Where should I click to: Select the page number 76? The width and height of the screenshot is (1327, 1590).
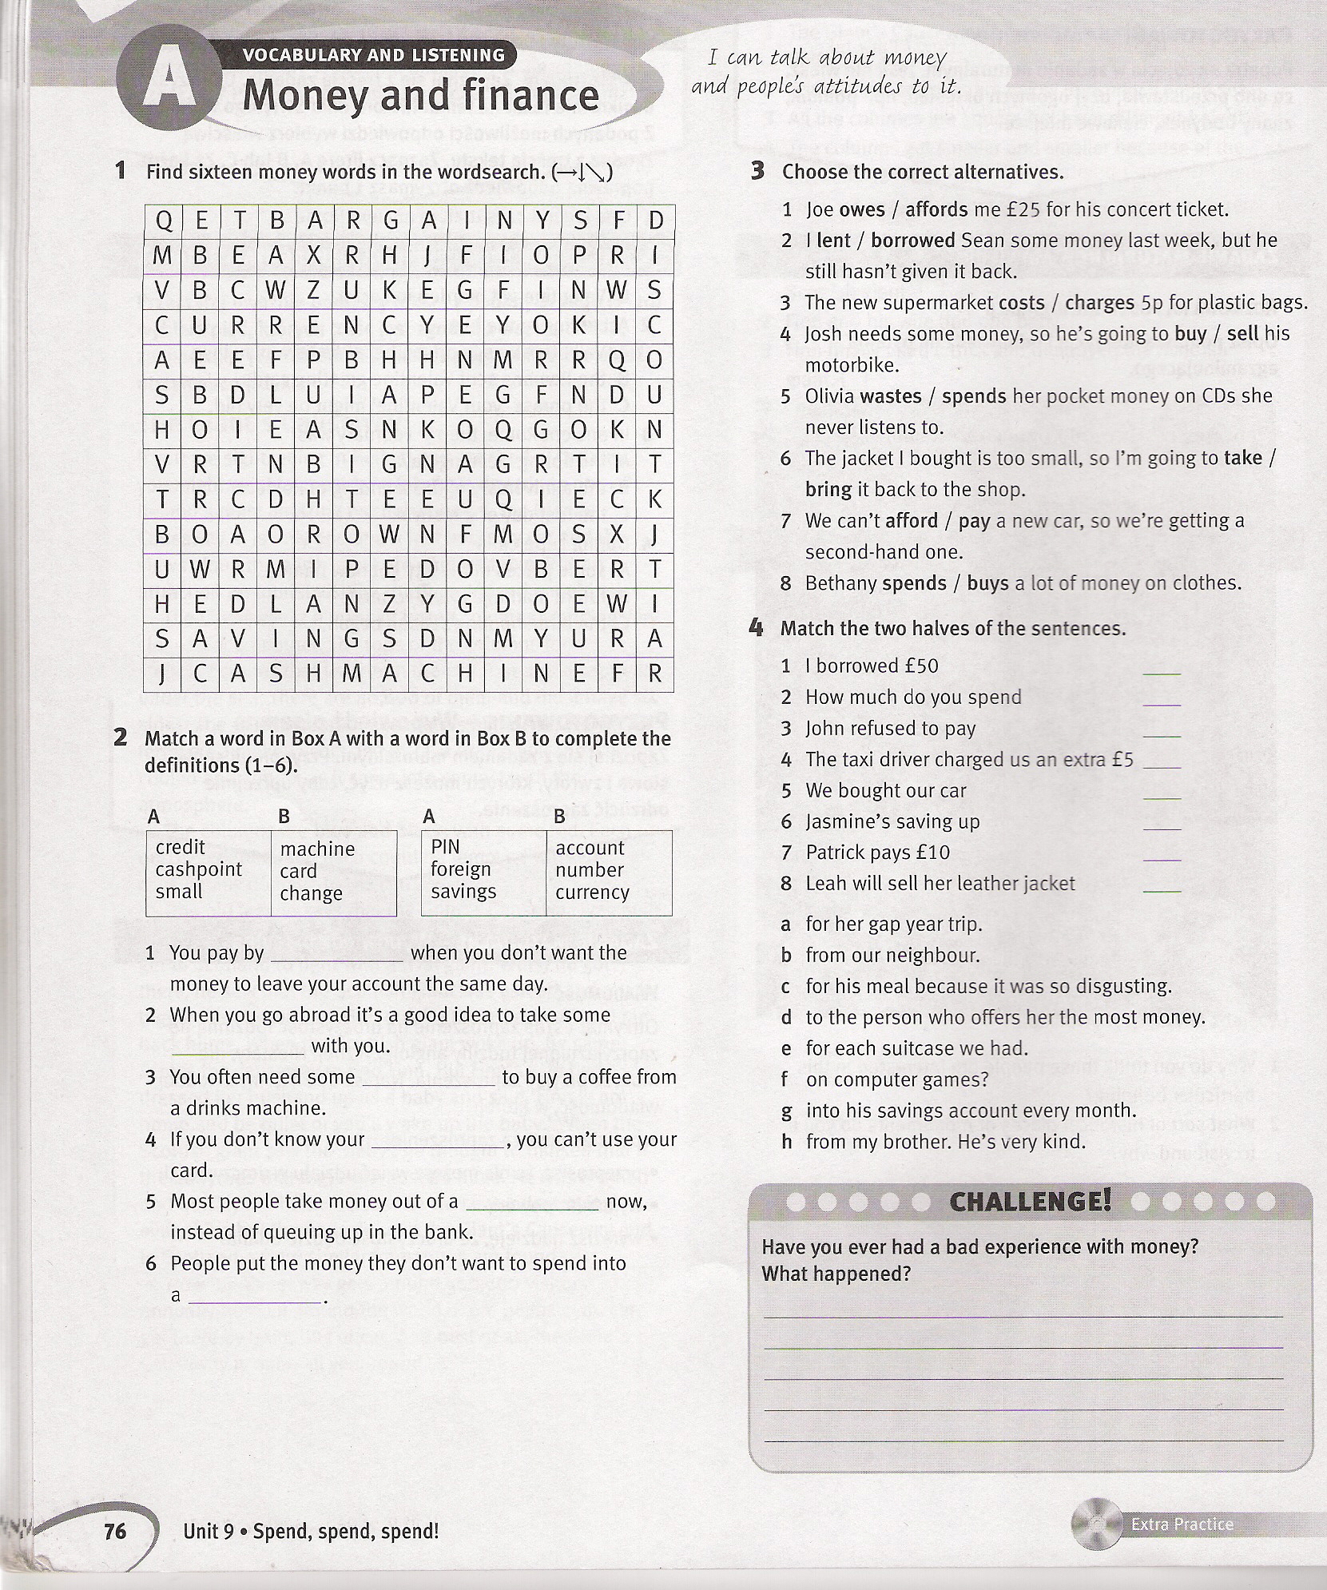point(115,1530)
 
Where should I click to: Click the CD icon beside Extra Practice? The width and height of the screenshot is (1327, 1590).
point(1099,1524)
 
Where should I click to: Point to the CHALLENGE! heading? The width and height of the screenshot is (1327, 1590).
point(1030,1202)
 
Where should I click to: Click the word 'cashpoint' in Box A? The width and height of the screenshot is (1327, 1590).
point(198,869)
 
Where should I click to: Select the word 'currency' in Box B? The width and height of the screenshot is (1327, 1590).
point(592,892)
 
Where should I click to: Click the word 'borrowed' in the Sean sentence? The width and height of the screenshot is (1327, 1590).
point(913,240)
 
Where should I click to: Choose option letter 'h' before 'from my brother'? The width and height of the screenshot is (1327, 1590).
point(787,1143)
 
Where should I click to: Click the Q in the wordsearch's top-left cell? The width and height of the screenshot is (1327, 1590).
point(163,221)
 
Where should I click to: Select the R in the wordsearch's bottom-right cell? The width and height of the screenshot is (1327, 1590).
point(655,674)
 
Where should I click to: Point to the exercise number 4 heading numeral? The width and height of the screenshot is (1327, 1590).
point(756,628)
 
